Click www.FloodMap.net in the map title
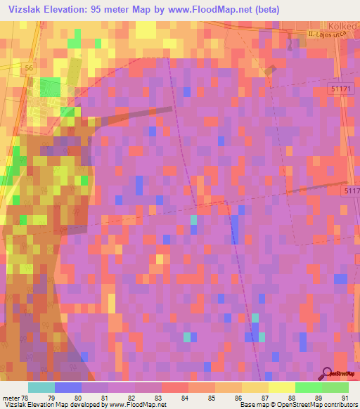pyautogui.click(x=210, y=10)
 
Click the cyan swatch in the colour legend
pyautogui.click(x=41, y=387)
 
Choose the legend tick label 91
pyautogui.click(x=345, y=397)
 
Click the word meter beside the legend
pyautogui.click(x=11, y=397)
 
